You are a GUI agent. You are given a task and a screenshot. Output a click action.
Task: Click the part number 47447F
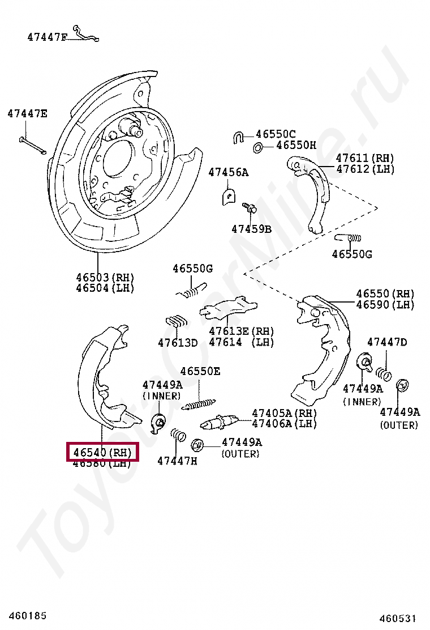[47, 37]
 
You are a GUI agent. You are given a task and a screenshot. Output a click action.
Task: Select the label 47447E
[27, 114]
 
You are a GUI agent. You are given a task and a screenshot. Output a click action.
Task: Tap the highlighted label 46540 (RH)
[102, 452]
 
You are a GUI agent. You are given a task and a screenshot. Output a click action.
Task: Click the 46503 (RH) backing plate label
[105, 277]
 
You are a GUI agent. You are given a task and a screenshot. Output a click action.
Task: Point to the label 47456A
[228, 172]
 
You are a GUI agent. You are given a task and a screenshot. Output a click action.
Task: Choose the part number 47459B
[251, 229]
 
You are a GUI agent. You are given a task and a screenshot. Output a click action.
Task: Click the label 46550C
[276, 134]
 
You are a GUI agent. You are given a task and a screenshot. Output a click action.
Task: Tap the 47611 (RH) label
[365, 158]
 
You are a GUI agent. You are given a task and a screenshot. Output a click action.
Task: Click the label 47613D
[178, 342]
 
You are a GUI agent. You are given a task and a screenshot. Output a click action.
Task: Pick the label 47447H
[177, 461]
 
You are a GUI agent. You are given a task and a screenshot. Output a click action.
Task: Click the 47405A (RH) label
[284, 413]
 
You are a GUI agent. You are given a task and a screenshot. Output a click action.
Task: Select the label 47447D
[387, 342]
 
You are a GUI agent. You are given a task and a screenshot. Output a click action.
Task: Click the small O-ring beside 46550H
[257, 148]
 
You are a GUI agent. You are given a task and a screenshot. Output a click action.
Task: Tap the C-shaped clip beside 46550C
[238, 137]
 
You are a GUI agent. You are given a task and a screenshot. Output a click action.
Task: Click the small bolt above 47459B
[250, 207]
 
